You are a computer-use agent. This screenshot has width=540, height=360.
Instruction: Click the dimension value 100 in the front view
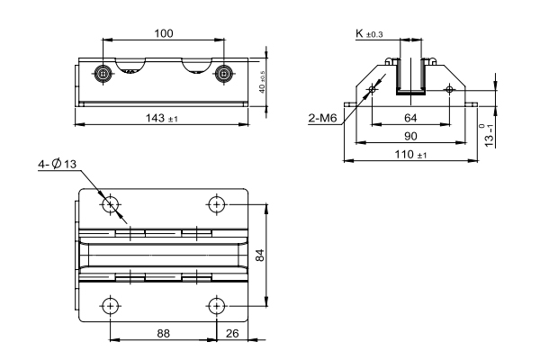[164, 32]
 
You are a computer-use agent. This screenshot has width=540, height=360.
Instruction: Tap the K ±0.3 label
[369, 33]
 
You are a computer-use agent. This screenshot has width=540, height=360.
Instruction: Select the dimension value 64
[409, 118]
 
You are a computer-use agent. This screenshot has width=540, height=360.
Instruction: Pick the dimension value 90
[409, 136]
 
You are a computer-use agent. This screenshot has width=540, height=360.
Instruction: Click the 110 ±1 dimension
[411, 155]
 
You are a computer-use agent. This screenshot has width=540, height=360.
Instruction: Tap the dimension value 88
[163, 332]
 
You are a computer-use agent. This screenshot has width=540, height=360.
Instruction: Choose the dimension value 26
[232, 332]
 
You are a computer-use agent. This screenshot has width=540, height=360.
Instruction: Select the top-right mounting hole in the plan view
[216, 204]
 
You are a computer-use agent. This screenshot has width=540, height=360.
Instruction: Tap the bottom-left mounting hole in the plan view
[110, 305]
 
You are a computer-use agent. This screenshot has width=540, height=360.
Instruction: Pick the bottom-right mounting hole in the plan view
[216, 305]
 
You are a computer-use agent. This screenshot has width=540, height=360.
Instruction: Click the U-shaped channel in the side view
[412, 78]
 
